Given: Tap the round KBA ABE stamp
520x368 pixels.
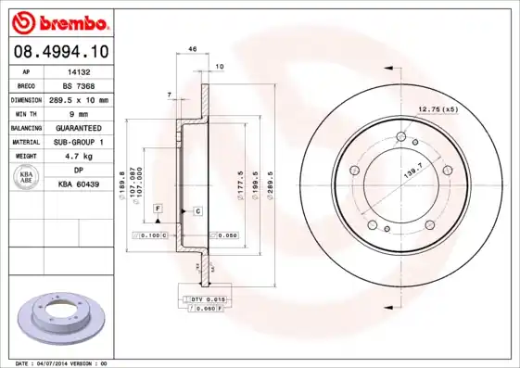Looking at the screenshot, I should point(27,177).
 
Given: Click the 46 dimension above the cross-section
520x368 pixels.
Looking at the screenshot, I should point(193,48).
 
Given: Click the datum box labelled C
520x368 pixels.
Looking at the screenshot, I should point(197,211).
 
